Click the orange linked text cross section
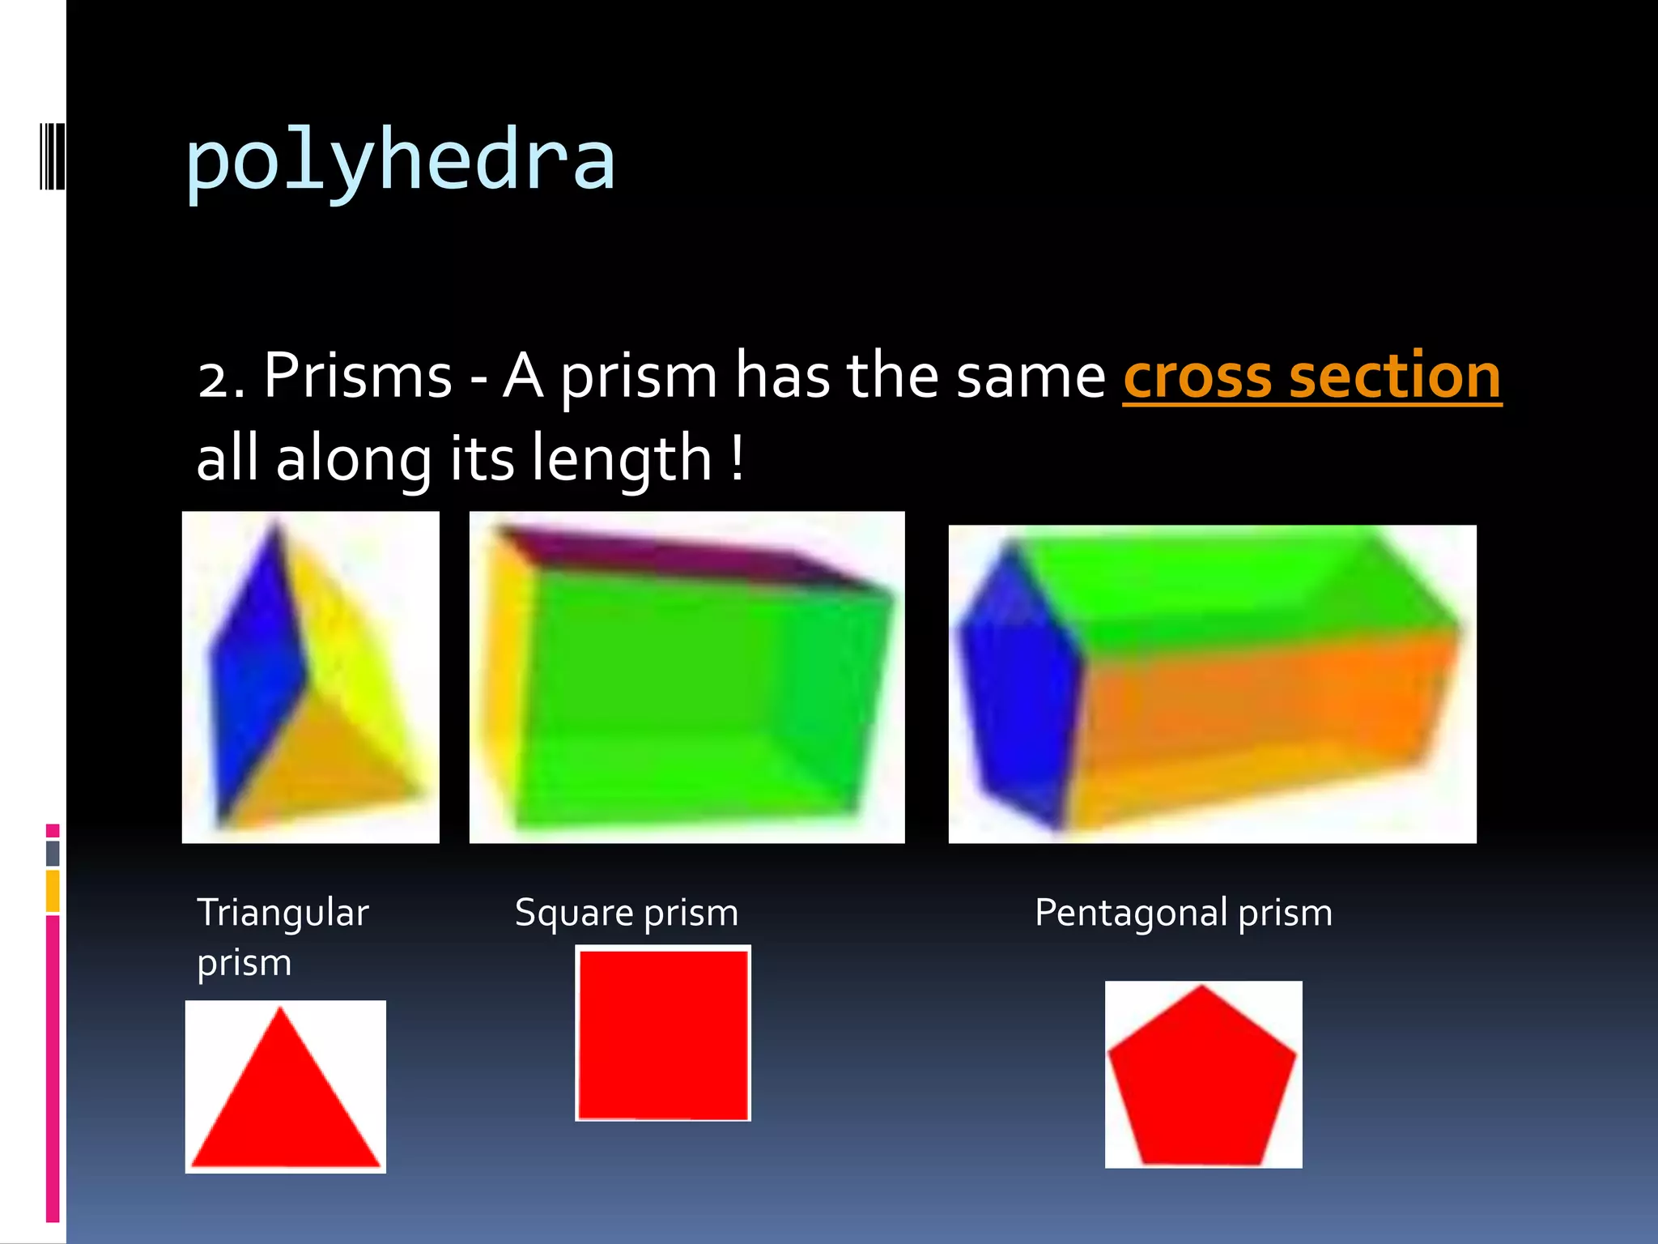[1312, 377]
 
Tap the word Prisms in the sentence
[358, 377]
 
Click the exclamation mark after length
[737, 458]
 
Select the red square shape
[663, 1034]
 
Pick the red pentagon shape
[1202, 1077]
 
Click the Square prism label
[627, 913]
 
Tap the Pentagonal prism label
[1183, 913]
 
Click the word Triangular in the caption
[283, 913]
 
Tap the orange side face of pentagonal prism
[1263, 713]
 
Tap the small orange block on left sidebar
[53, 891]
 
